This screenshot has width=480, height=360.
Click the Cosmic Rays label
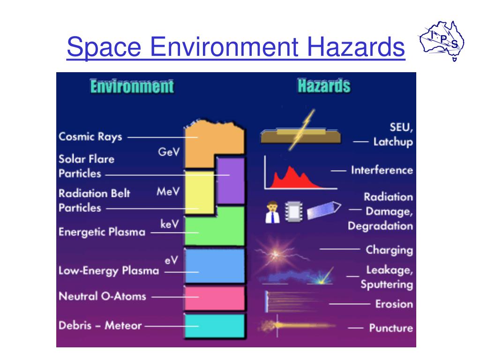pyautogui.click(x=90, y=137)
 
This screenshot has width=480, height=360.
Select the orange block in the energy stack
pyautogui.click(x=206, y=141)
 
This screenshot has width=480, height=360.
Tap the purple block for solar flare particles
pyautogui.click(x=231, y=180)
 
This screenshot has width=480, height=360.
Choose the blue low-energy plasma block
pyautogui.click(x=215, y=265)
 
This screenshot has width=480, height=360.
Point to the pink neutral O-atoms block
pyautogui.click(x=215, y=298)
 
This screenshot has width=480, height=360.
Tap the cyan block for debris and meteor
pyautogui.click(x=215, y=326)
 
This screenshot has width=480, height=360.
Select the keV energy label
pyautogui.click(x=169, y=225)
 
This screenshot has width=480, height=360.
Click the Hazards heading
pyautogui.click(x=324, y=86)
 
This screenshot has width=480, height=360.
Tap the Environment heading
pyautogui.click(x=132, y=87)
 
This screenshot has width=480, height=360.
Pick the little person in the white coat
pyautogui.click(x=271, y=212)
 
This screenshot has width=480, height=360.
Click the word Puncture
pyautogui.click(x=391, y=328)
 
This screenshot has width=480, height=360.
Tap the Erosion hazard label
pyautogui.click(x=394, y=304)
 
